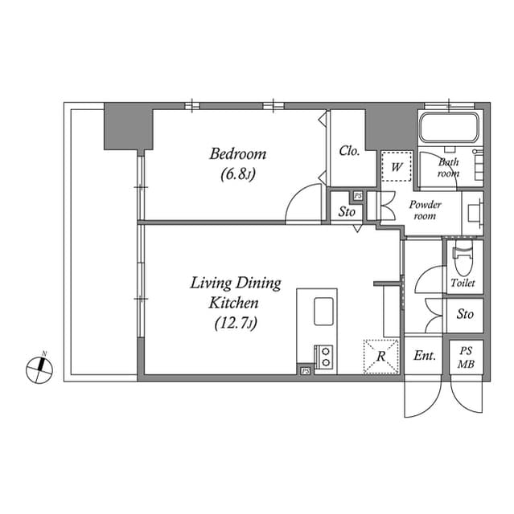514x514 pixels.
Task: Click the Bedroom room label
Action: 238,153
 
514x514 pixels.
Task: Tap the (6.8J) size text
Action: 238,173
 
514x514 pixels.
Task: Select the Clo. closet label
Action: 349,150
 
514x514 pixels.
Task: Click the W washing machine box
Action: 397,168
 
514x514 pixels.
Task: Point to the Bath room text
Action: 448,167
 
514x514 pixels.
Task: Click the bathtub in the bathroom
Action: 449,126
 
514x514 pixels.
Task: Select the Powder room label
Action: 426,210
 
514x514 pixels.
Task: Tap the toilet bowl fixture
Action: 463,259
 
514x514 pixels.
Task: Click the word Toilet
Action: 463,284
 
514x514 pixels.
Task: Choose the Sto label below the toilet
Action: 464,314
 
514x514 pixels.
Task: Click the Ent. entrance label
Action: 424,355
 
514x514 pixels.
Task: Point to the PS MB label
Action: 466,355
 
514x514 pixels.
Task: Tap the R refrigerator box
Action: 380,356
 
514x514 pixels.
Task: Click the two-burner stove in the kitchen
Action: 324,356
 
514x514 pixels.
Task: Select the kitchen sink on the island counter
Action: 324,310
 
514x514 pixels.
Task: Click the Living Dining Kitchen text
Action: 235,293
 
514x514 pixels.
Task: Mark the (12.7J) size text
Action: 235,323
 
